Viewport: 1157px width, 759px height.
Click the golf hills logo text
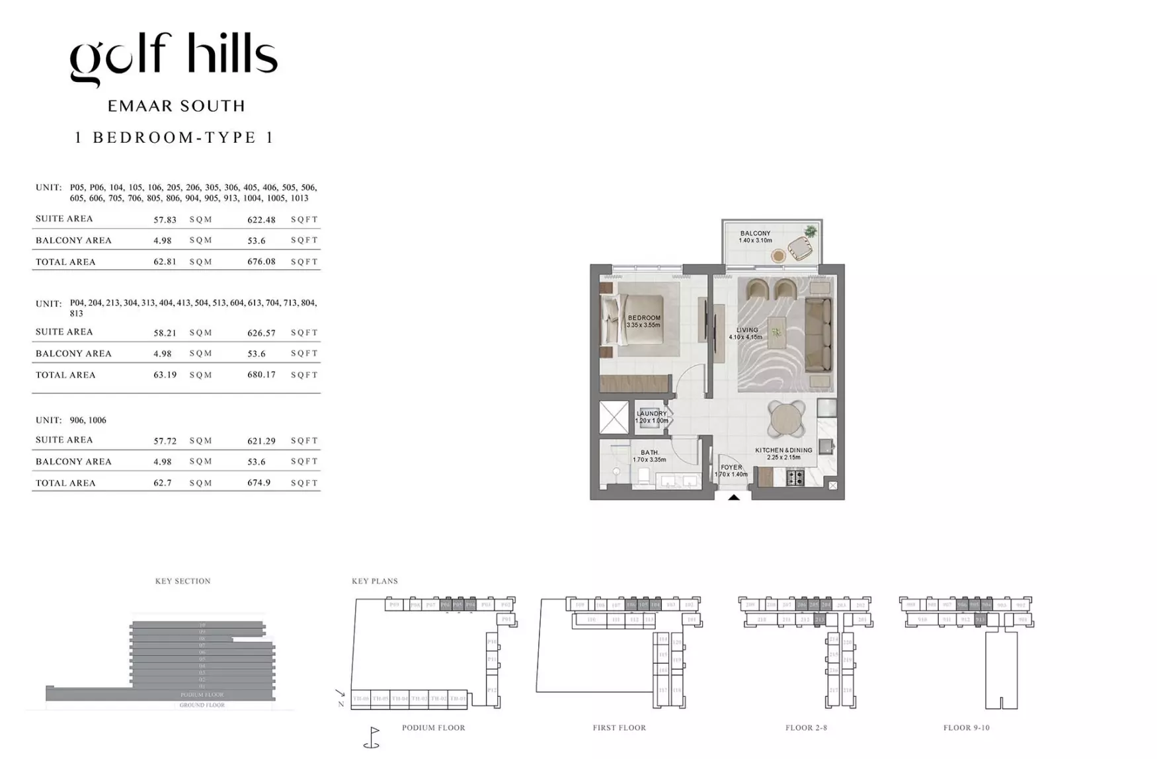(174, 58)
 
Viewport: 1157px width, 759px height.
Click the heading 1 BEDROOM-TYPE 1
(174, 138)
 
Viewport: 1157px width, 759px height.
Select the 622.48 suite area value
(261, 220)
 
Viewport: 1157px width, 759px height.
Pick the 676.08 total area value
(261, 262)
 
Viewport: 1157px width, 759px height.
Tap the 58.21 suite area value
(165, 333)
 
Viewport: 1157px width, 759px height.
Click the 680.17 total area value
(261, 375)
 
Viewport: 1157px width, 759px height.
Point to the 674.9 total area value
(259, 483)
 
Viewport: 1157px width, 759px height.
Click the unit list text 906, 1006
(88, 420)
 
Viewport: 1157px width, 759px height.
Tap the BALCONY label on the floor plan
(755, 233)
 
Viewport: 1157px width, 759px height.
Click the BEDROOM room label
(644, 318)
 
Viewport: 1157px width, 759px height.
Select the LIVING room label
(747, 330)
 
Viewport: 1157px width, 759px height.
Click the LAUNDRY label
(651, 414)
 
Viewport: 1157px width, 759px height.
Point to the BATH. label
(649, 453)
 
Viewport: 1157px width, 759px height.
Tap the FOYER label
(731, 467)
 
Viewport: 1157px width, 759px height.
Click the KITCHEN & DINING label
(783, 450)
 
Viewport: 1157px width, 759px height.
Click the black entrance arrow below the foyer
(734, 497)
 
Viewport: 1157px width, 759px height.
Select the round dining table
(787, 419)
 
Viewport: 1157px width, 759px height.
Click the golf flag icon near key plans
(373, 737)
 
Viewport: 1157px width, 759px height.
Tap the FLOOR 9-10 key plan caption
(966, 728)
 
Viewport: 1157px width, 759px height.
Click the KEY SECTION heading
(183, 581)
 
